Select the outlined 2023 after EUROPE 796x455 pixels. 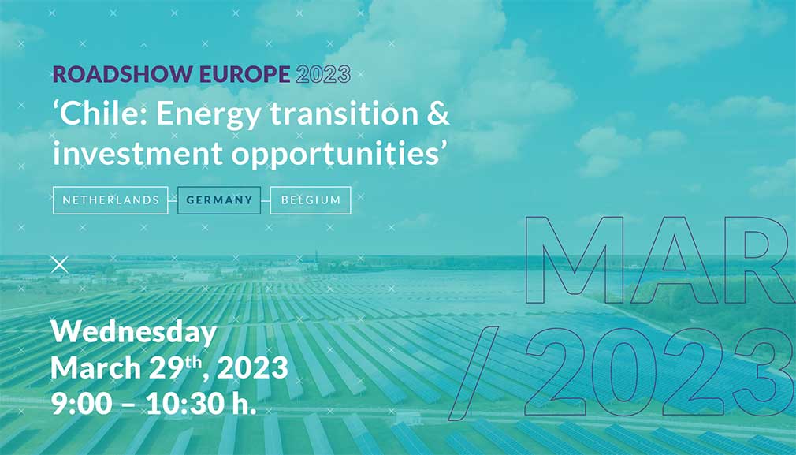tap(323, 74)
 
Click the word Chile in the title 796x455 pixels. tap(102, 113)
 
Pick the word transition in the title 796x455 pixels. tap(343, 114)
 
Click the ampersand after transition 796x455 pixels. tap(437, 114)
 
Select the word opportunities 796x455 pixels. tap(336, 155)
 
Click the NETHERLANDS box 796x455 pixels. tap(110, 200)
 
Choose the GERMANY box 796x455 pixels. tap(219, 200)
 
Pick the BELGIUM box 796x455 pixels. tap(311, 200)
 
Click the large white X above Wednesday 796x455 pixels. tap(59, 265)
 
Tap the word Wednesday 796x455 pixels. tap(134, 333)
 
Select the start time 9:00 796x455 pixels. tap(82, 404)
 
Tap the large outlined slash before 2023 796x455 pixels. tap(471, 375)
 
